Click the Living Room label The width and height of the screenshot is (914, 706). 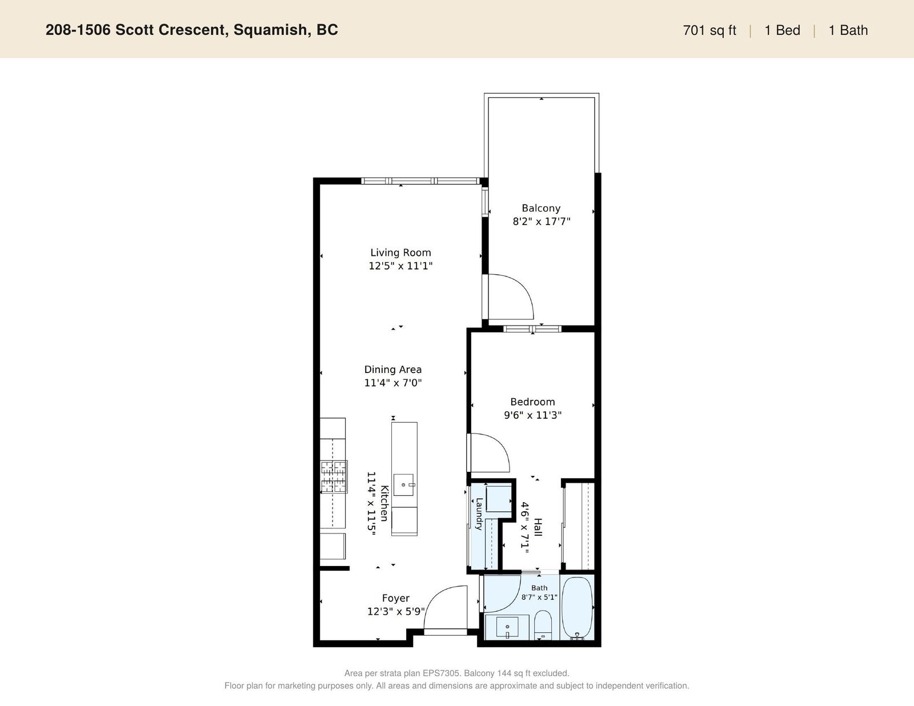(400, 252)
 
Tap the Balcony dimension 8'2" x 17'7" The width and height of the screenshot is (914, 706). (542, 221)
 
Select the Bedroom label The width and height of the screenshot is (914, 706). (532, 402)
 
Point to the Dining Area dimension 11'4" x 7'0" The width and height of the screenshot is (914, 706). (393, 383)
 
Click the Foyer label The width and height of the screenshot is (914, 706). (395, 598)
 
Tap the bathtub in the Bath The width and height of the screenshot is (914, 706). (578, 608)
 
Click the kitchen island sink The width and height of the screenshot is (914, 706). (403, 485)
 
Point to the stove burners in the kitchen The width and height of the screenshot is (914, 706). (334, 476)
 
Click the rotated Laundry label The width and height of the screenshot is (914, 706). (479, 514)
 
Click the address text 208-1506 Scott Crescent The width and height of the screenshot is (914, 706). (137, 30)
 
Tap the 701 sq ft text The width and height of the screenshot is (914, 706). (709, 30)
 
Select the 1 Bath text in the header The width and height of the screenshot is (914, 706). (848, 30)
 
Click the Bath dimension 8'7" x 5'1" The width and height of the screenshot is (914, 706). (539, 597)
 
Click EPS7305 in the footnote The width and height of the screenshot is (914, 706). (441, 673)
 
